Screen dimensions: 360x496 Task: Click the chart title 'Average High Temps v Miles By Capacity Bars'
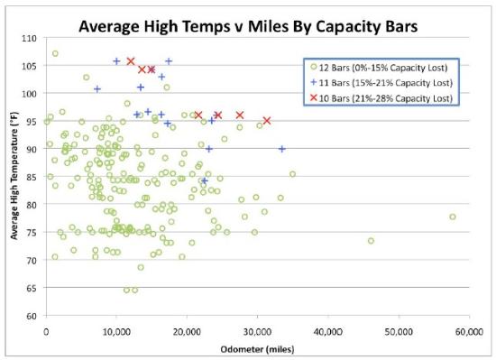click(248, 24)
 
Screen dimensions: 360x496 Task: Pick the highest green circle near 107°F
click(55, 53)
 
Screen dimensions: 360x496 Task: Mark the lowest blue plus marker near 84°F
click(204, 181)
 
